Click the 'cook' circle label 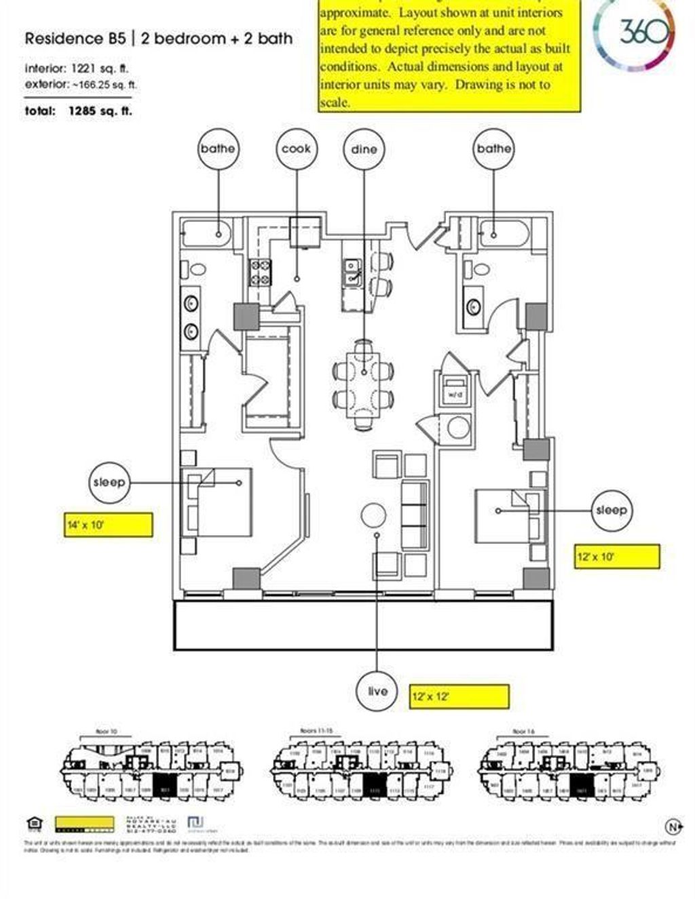(x=296, y=148)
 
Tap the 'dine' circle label (x=364, y=149)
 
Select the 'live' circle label (x=377, y=691)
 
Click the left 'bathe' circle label (x=218, y=148)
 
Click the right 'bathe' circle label (x=493, y=148)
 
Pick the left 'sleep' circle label (x=109, y=483)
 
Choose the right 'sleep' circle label (x=611, y=510)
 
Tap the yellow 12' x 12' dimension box (x=459, y=696)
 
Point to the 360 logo (x=640, y=32)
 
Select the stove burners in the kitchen (x=261, y=273)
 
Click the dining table (x=364, y=380)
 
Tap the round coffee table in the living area (x=373, y=515)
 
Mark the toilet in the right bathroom (x=479, y=268)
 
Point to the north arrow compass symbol (x=673, y=826)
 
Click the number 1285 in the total (x=81, y=111)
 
